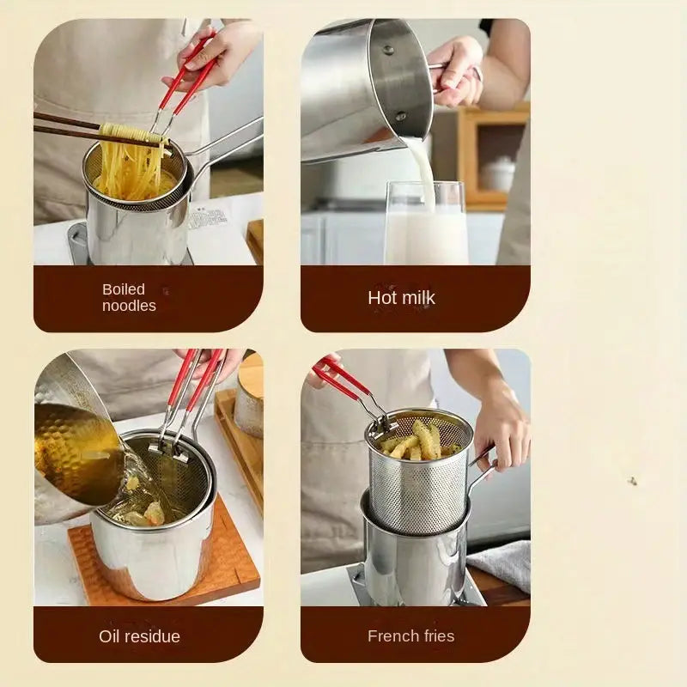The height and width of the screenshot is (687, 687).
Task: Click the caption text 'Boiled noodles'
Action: pyautogui.click(x=129, y=297)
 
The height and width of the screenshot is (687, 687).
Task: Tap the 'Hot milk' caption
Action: pyautogui.click(x=401, y=298)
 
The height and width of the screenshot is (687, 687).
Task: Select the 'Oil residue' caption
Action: pyautogui.click(x=139, y=636)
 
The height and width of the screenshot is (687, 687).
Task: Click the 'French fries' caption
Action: pyautogui.click(x=410, y=636)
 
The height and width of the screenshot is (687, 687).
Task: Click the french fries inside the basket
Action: pyautogui.click(x=416, y=441)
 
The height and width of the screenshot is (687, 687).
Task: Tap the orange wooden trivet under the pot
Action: pyautogui.click(x=232, y=558)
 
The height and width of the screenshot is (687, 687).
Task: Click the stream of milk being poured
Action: pyautogui.click(x=421, y=167)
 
